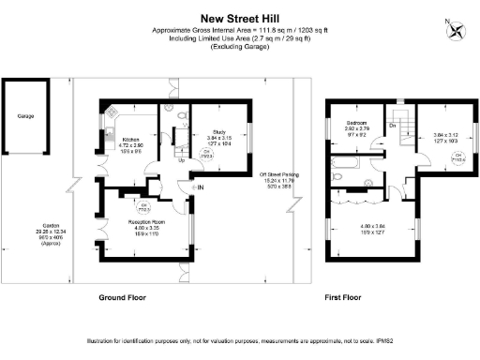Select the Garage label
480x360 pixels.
tap(25, 117)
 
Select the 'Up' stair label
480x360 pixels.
tap(181, 159)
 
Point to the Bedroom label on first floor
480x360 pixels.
tap(357, 123)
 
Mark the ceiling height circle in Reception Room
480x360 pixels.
tap(144, 204)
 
